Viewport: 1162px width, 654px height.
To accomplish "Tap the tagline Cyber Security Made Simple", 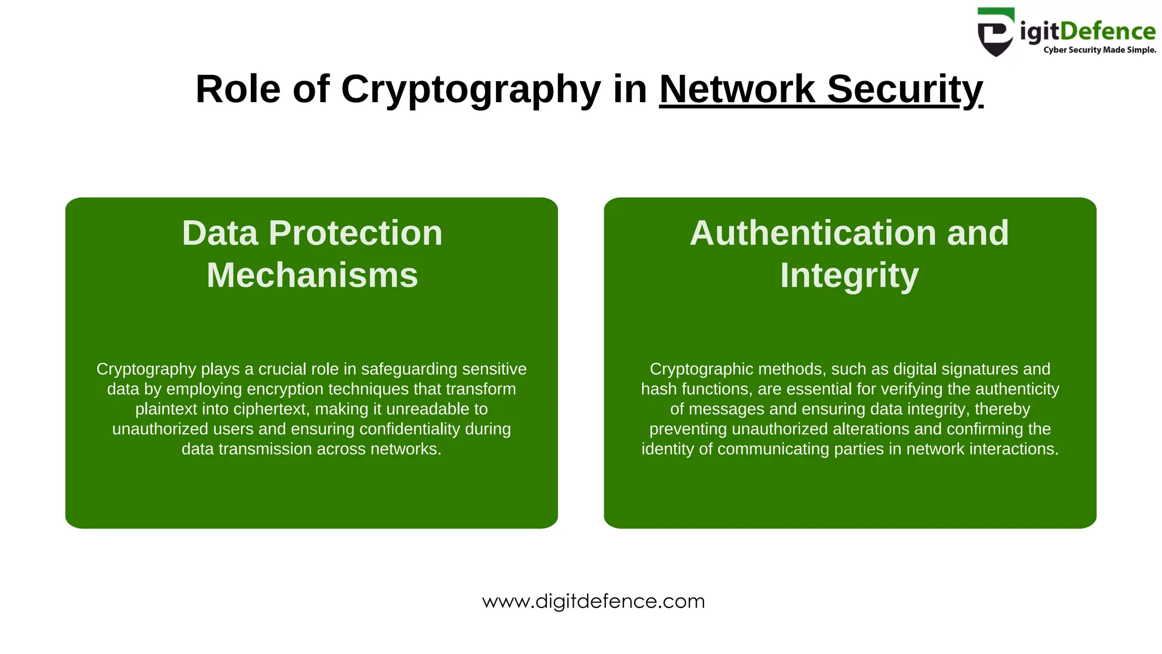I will [1099, 50].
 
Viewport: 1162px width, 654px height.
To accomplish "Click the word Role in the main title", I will [238, 89].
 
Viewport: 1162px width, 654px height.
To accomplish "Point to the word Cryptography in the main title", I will [470, 89].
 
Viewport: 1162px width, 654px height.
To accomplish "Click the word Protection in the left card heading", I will [355, 233].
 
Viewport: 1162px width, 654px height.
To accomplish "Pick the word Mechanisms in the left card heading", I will [312, 275].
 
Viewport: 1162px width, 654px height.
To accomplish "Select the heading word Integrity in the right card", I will [849, 275].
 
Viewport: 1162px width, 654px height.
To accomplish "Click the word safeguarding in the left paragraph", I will [409, 369].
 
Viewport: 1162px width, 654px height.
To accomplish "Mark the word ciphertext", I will [271, 409].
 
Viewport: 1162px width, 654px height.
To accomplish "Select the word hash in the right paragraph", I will [659, 389].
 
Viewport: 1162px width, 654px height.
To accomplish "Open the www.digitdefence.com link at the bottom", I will [593, 601].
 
